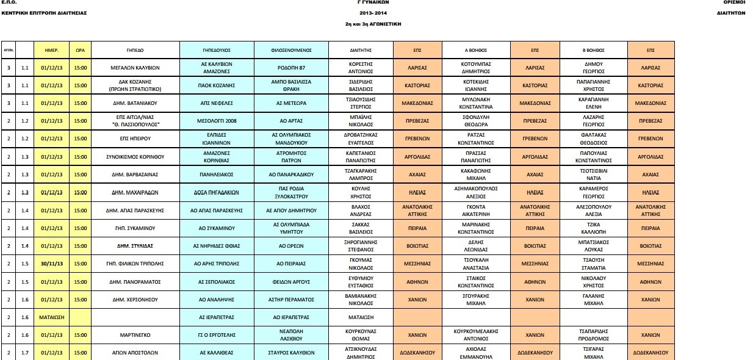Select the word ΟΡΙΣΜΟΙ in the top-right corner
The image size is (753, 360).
[735, 3]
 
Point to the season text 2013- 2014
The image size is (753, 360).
[374, 13]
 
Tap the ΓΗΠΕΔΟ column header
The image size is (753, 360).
[134, 49]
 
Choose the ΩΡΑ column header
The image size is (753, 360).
[80, 49]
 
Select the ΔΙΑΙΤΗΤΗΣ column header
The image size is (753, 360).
[361, 49]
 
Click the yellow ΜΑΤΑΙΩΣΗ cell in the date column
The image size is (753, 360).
[51, 317]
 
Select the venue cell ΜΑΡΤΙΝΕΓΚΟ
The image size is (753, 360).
[134, 335]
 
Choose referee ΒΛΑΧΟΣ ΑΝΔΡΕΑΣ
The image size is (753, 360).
[361, 211]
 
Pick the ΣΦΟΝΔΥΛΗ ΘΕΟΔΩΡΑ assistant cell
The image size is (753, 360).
[479, 121]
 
